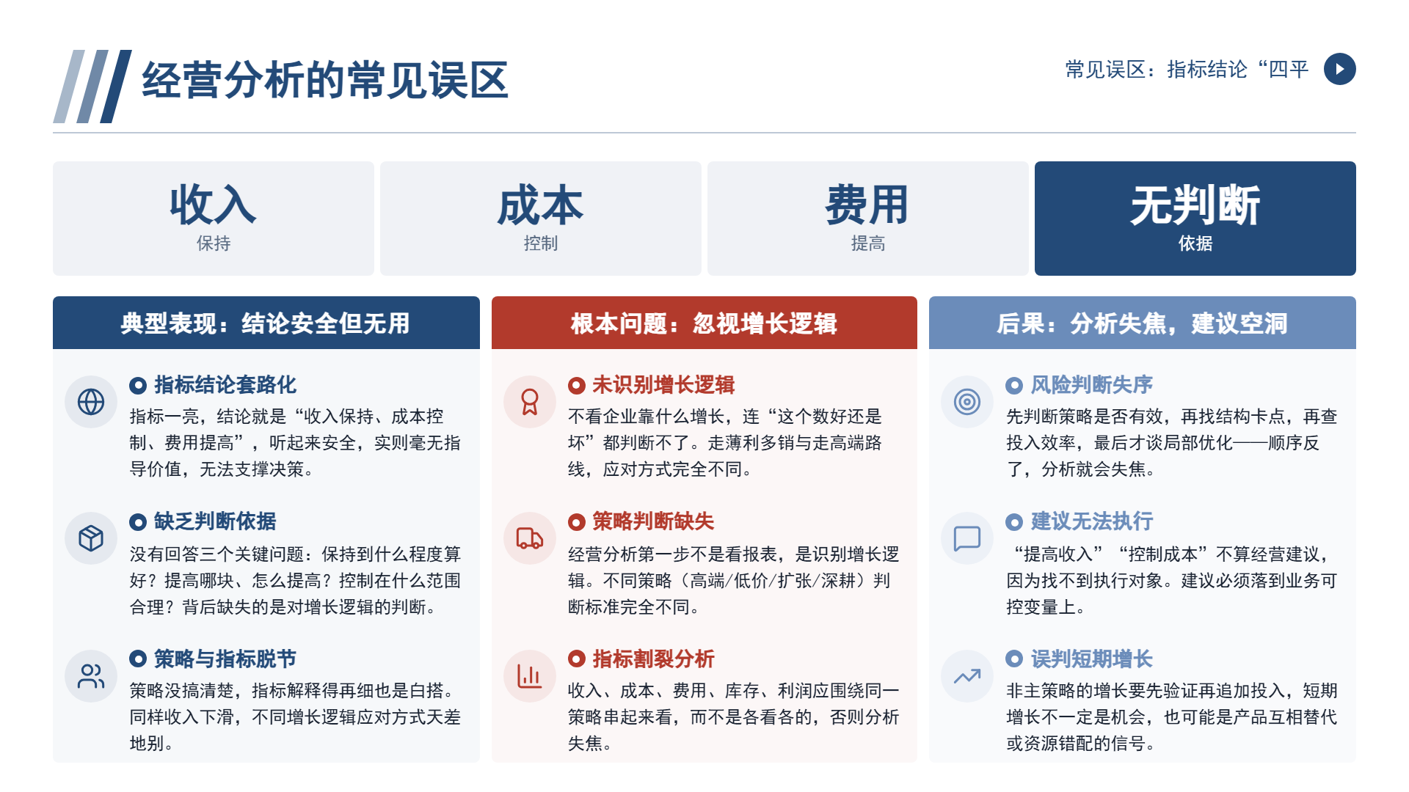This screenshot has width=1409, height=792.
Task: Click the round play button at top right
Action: [x=1339, y=69]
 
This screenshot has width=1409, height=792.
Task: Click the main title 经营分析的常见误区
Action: [x=325, y=80]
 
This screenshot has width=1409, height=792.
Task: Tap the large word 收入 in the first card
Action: [x=213, y=205]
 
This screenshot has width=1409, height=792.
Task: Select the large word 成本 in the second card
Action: [x=540, y=205]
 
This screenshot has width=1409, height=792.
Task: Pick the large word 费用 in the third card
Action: [x=867, y=205]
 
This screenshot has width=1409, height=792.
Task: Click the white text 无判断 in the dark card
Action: [x=1195, y=205]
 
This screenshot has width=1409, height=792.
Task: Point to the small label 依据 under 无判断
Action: [x=1195, y=243]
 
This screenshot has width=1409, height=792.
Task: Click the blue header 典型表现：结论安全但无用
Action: [x=266, y=323]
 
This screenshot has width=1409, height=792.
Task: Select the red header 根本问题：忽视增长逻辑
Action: [x=704, y=323]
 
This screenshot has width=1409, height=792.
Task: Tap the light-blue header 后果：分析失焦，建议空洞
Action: [x=1142, y=323]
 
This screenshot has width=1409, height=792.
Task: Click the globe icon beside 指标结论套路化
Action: [x=91, y=402]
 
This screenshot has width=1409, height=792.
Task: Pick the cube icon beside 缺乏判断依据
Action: [x=91, y=538]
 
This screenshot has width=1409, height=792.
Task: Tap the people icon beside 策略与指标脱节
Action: [x=91, y=676]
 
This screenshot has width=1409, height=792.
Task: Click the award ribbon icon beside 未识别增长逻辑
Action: [x=530, y=402]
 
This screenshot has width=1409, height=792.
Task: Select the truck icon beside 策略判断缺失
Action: [x=530, y=538]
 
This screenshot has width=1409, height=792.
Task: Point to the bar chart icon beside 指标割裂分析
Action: [x=530, y=676]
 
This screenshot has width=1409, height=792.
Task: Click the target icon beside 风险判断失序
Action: [x=967, y=402]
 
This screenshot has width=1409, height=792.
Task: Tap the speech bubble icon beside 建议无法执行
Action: [x=967, y=538]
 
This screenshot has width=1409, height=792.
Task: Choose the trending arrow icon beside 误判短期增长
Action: [x=967, y=676]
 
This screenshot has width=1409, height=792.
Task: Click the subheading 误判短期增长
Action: [x=1092, y=659]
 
